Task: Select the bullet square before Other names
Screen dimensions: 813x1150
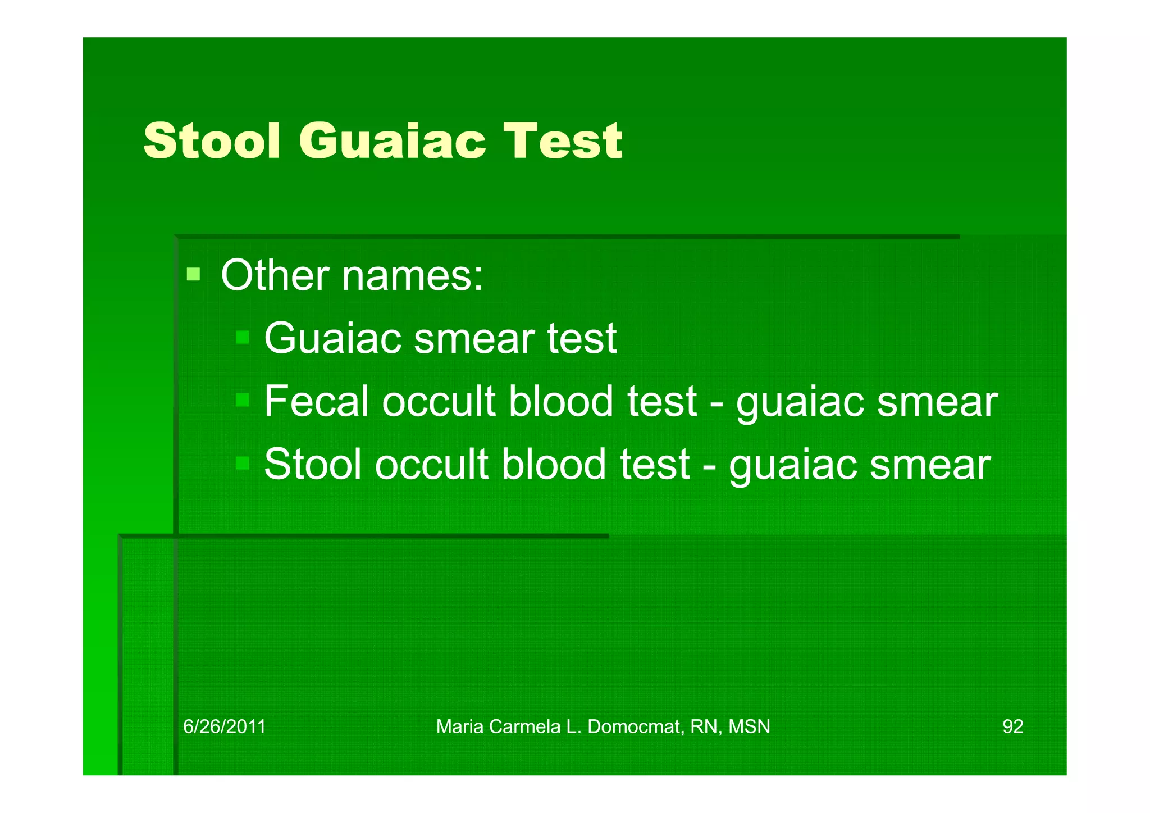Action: pos(193,274)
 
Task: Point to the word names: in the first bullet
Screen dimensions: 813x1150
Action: pos(412,276)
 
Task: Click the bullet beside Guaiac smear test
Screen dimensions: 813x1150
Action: pos(242,337)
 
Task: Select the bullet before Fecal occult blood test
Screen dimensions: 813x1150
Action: pos(242,400)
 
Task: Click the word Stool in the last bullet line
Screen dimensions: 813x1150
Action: pos(313,464)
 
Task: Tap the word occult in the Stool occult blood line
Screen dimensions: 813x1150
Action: pos(431,464)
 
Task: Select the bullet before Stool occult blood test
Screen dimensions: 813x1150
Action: pos(242,463)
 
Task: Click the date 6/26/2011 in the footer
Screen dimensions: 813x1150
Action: pos(224,726)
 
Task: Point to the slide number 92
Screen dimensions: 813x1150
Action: pos(1012,726)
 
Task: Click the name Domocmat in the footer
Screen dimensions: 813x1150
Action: pos(635,726)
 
